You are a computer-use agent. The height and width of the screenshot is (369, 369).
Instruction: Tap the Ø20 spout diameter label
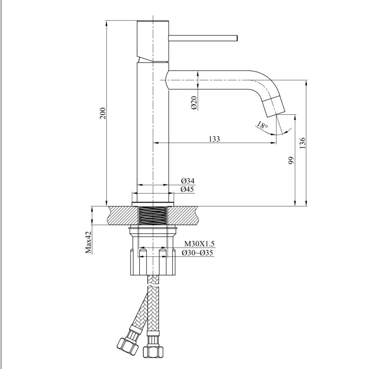[194, 103]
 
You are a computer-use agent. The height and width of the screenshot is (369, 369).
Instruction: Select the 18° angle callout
[262, 126]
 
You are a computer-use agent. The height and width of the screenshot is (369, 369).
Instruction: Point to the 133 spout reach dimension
[214, 139]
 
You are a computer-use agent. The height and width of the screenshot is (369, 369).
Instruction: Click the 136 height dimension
[303, 143]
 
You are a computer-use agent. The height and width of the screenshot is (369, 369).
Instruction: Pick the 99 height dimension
[291, 160]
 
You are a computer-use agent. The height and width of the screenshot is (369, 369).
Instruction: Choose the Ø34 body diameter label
[187, 181]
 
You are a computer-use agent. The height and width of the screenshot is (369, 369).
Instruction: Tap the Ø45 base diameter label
[187, 189]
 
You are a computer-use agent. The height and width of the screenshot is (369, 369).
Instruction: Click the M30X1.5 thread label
[199, 244]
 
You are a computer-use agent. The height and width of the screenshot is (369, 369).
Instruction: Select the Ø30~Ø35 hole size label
[198, 253]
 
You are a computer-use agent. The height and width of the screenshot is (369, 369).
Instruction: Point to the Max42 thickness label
[88, 242]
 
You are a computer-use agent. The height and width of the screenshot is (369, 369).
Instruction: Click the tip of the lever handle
[236, 38]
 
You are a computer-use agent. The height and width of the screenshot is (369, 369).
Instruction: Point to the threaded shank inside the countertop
[153, 216]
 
